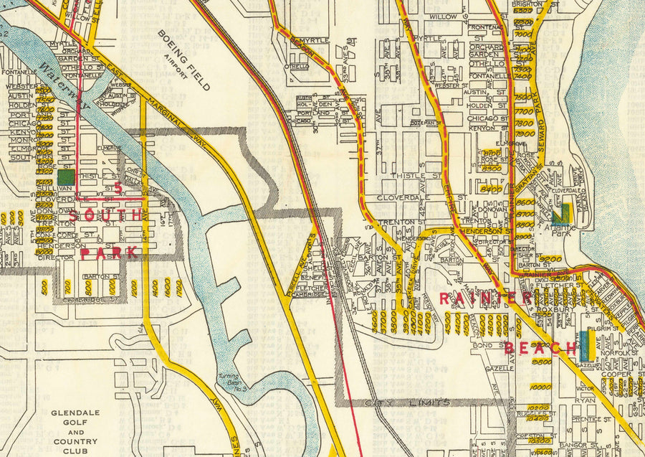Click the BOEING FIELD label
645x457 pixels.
(183, 60)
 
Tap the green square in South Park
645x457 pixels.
(65, 175)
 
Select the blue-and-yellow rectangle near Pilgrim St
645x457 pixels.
(587, 345)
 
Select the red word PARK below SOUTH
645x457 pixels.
(109, 253)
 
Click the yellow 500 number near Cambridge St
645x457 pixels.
(45, 287)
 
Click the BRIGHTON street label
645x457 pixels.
(527, 4)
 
